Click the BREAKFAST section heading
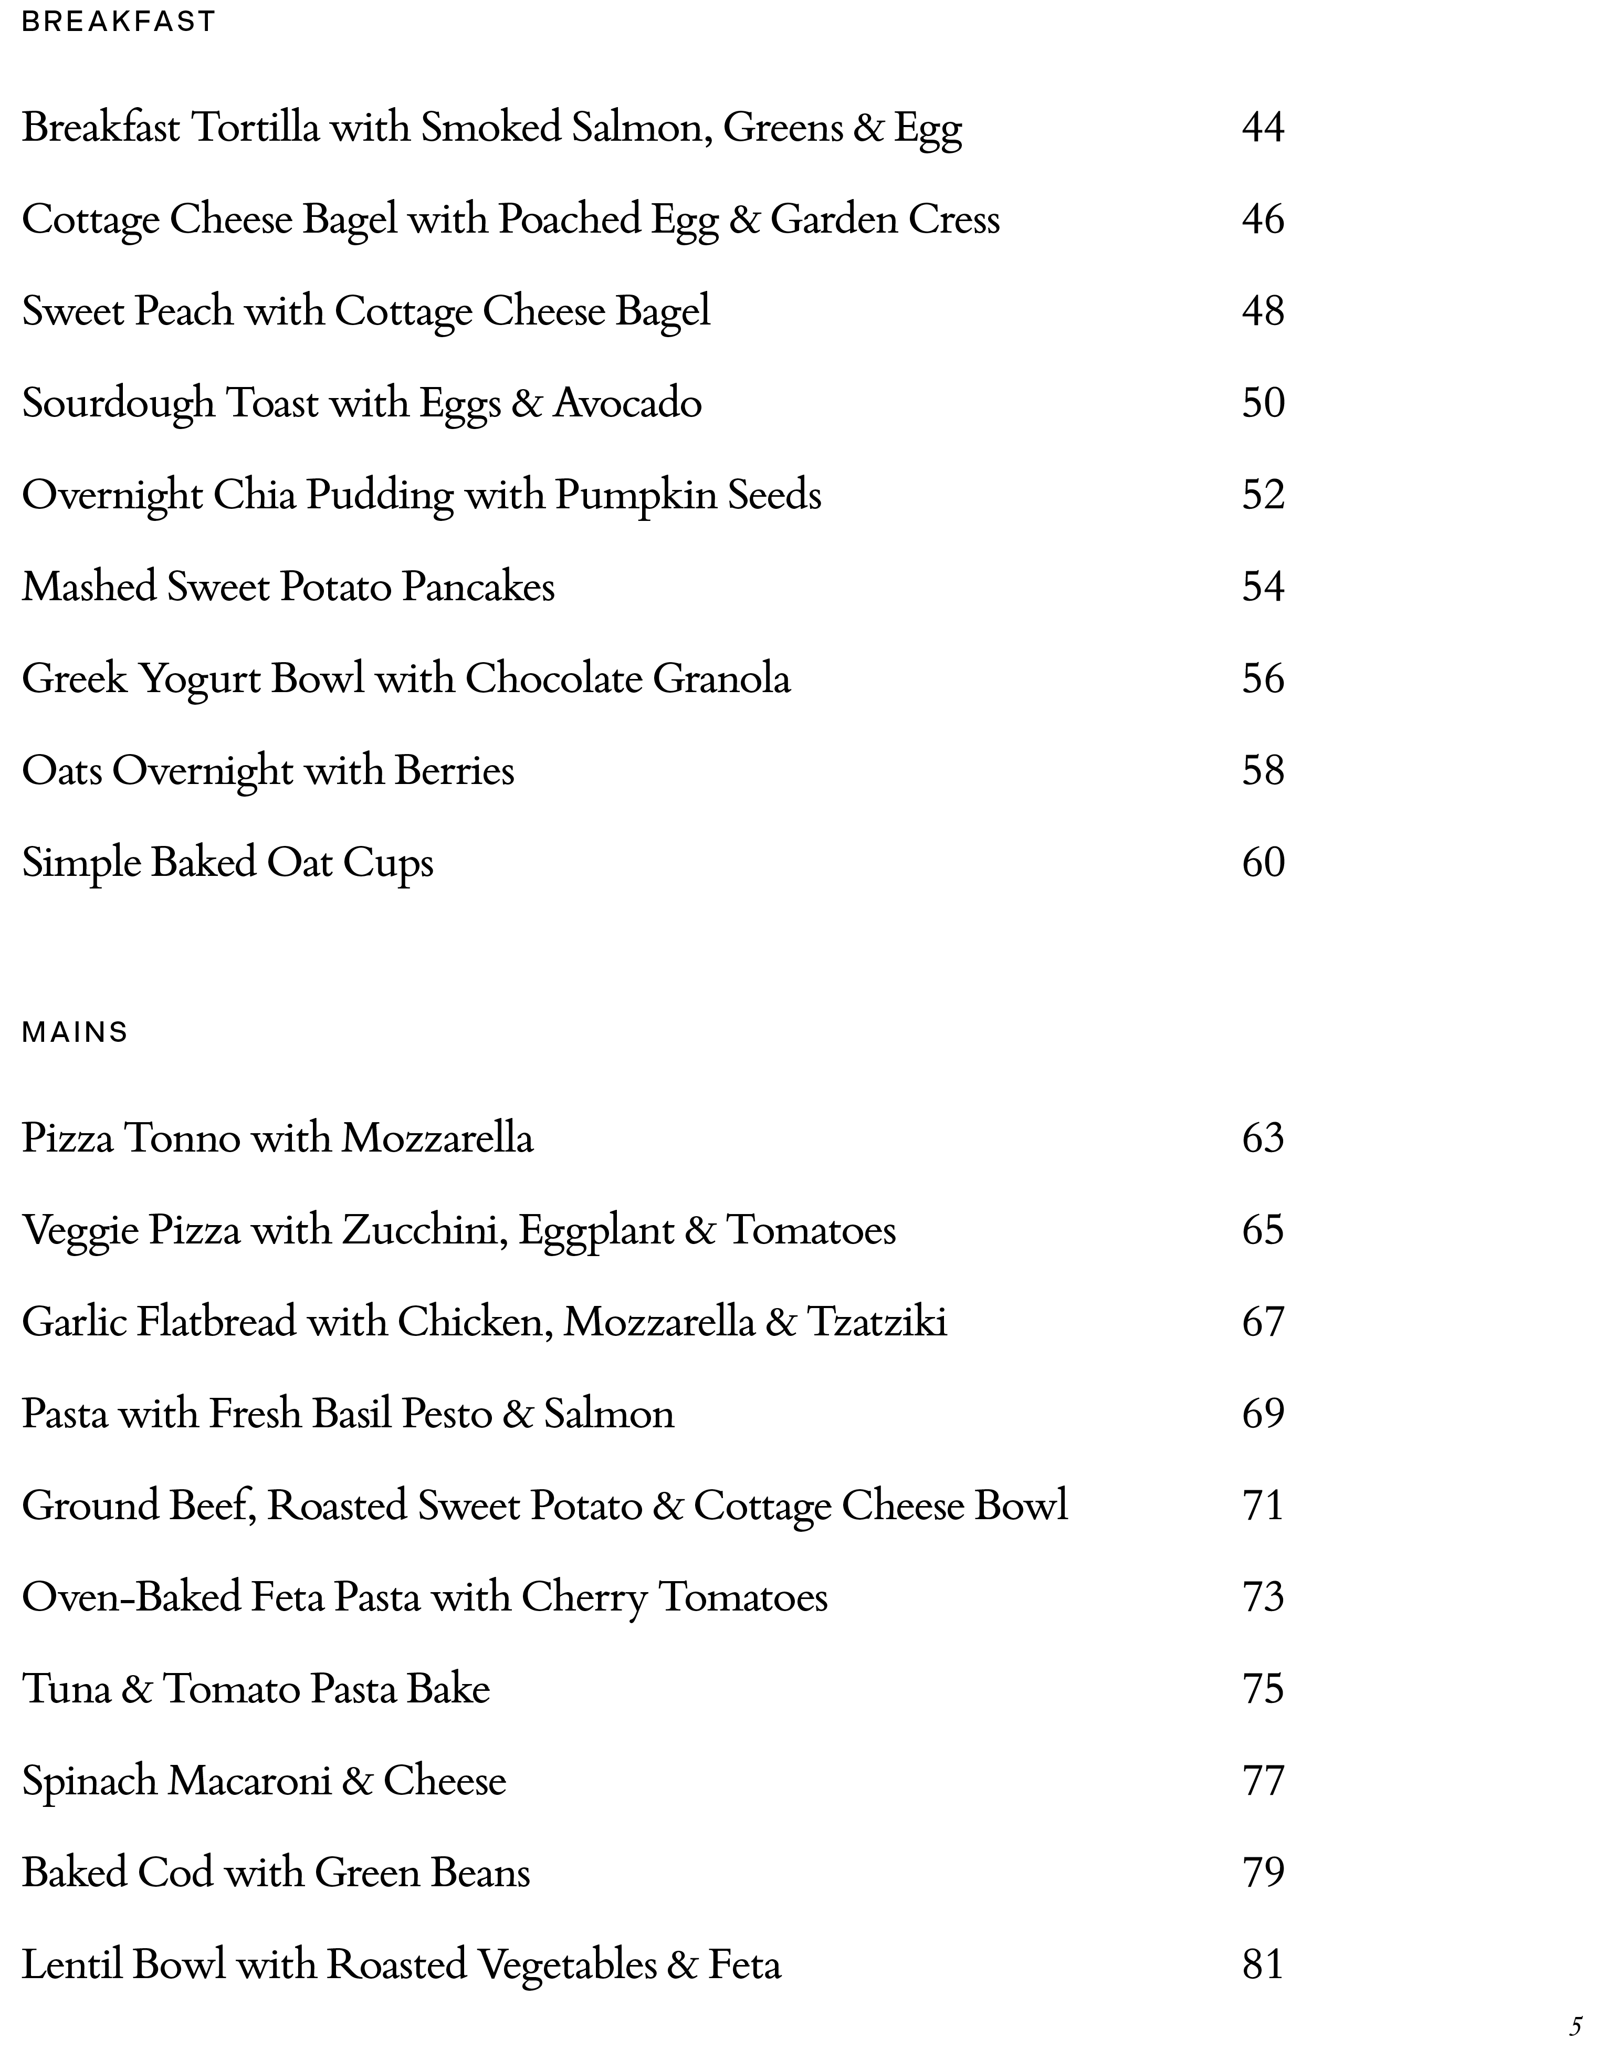click(x=118, y=22)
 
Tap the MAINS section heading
click(x=75, y=1032)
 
